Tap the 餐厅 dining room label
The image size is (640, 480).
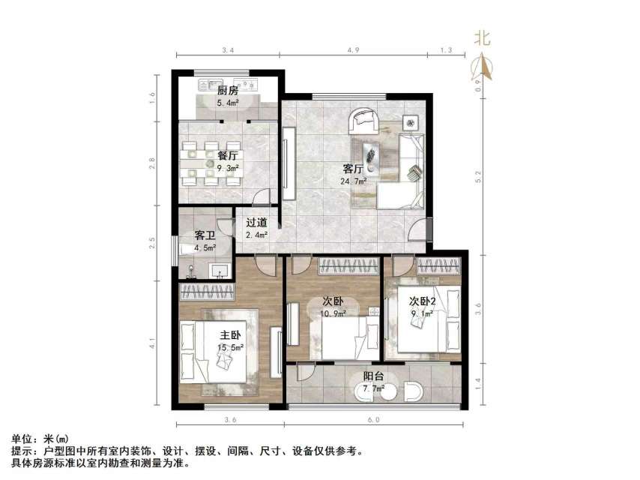pyautogui.click(x=228, y=156)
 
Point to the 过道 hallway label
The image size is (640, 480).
pyautogui.click(x=256, y=222)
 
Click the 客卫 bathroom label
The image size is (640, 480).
pyautogui.click(x=205, y=235)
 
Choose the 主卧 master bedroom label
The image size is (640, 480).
pyautogui.click(x=230, y=334)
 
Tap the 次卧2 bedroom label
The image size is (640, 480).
pyautogui.click(x=423, y=301)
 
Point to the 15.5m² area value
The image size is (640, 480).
pyautogui.click(x=230, y=347)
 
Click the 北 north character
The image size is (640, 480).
pyautogui.click(x=483, y=39)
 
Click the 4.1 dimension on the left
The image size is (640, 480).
pyautogui.click(x=151, y=344)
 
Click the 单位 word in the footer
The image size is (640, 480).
pyautogui.click(x=22, y=439)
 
